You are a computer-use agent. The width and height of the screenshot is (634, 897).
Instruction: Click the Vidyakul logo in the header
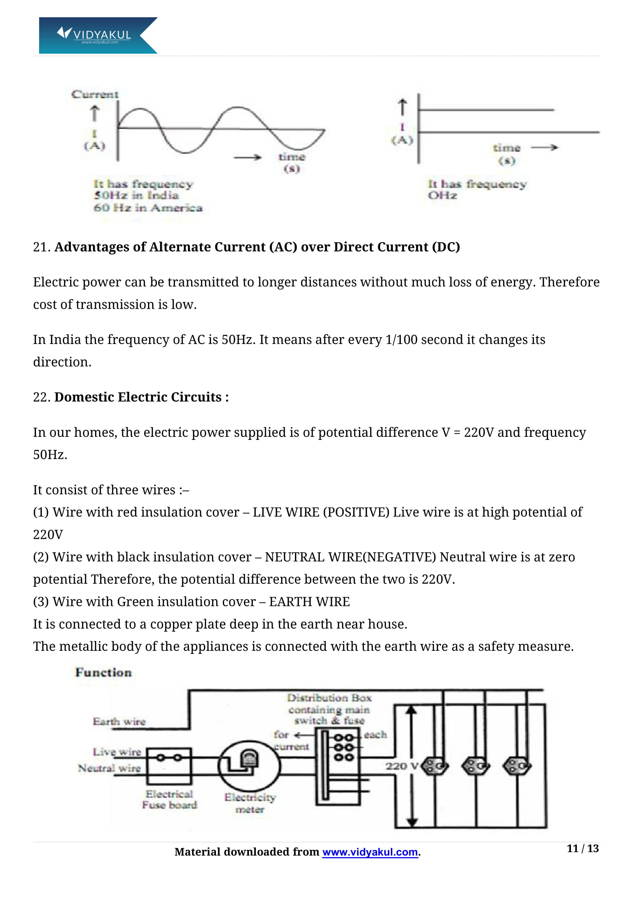98,35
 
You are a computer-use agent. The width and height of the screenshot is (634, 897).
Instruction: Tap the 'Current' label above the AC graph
94,95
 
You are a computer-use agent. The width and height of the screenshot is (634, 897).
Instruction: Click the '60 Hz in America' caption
148,208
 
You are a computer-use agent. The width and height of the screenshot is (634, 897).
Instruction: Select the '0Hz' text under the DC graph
442,195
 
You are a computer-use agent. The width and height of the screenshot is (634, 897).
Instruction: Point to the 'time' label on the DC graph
506,148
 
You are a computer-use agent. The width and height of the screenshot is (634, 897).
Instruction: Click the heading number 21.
41,247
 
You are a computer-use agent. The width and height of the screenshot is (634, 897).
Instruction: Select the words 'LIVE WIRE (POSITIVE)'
321,512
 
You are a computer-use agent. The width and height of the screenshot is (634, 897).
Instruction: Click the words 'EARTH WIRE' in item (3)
309,602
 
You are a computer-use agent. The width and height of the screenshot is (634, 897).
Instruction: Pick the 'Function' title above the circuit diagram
104,672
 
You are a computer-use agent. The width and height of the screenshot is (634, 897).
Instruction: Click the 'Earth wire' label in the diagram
119,722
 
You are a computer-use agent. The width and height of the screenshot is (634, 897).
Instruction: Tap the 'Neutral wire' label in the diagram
109,768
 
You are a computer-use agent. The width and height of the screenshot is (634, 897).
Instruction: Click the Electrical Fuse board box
169,766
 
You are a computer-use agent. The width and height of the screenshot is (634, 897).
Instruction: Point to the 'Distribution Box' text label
329,698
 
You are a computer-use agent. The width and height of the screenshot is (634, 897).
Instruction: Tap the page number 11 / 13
582,849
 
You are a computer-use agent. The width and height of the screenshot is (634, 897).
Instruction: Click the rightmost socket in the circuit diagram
517,766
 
